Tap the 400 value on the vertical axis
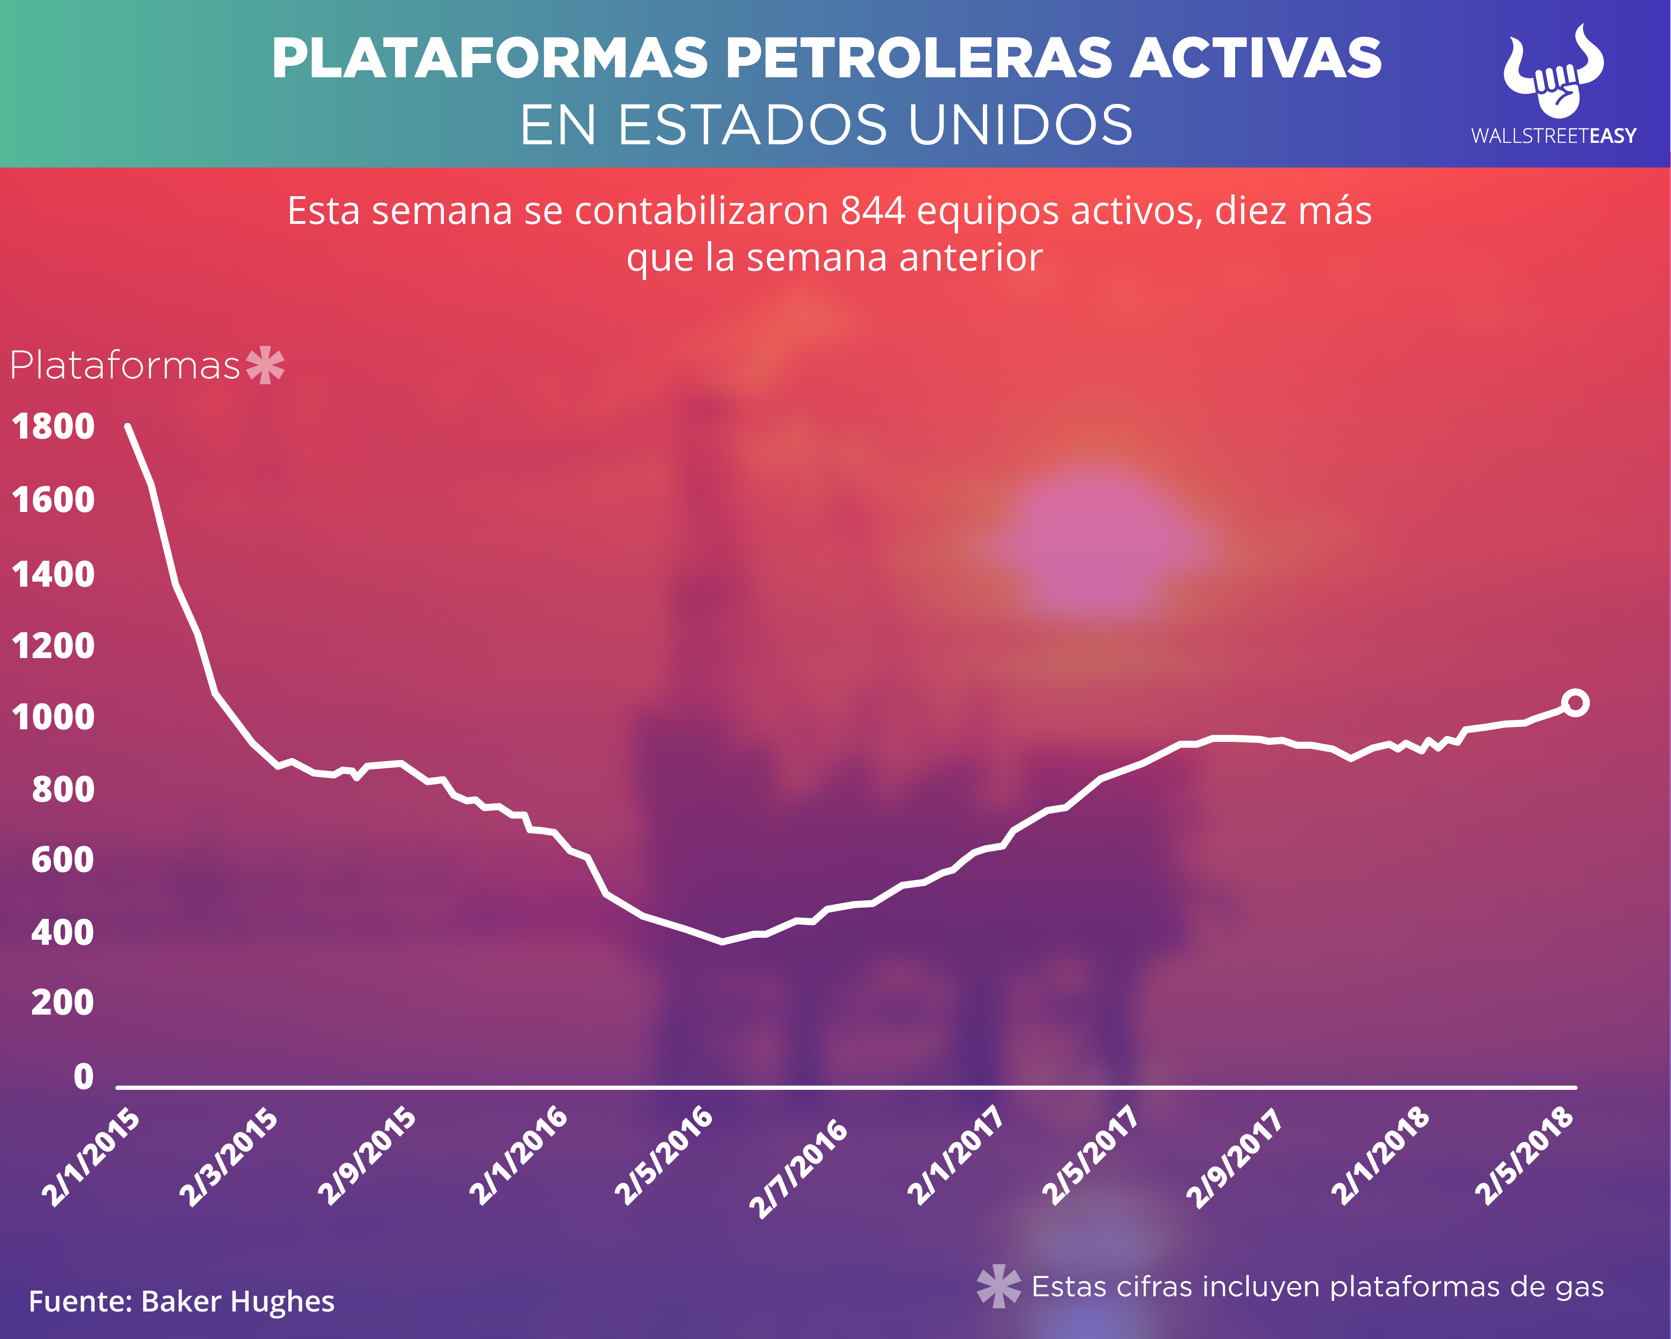coord(62,933)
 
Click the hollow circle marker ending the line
coord(1576,703)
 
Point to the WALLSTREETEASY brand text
coord(1553,136)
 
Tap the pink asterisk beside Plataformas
coord(265,364)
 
